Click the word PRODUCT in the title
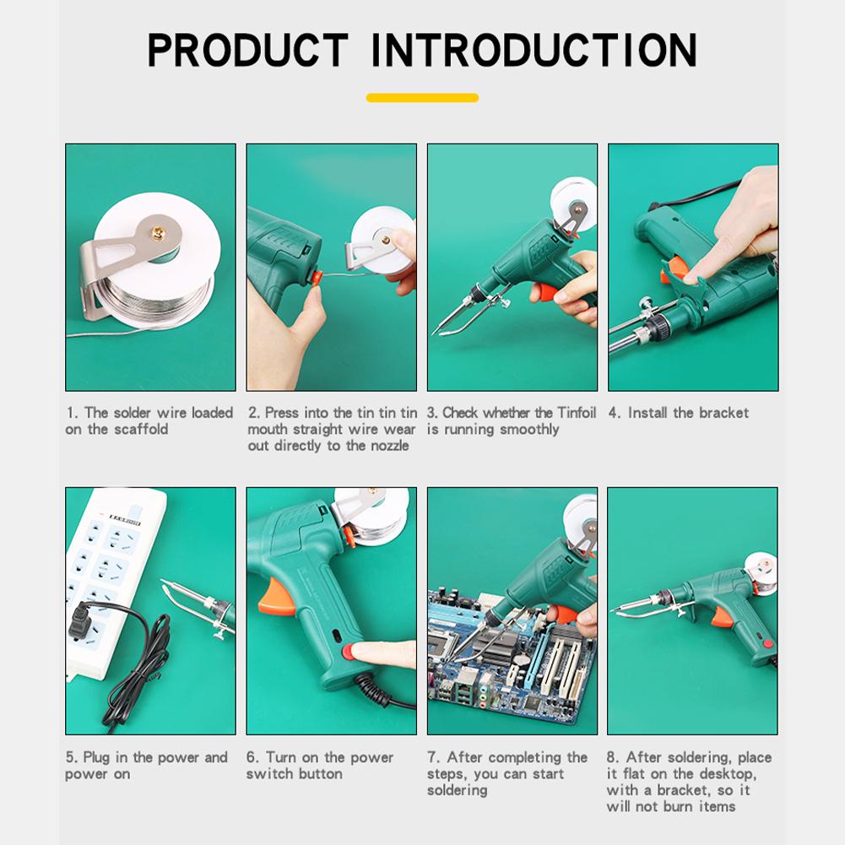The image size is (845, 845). tap(248, 50)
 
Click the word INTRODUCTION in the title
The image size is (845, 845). tap(534, 50)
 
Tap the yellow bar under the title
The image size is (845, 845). tap(422, 98)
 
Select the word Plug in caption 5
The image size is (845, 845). tap(96, 758)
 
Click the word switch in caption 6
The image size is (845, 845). tap(268, 774)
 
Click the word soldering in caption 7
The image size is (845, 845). tap(457, 791)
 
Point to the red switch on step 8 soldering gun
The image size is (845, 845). tap(768, 644)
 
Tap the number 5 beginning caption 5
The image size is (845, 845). tap(70, 758)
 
